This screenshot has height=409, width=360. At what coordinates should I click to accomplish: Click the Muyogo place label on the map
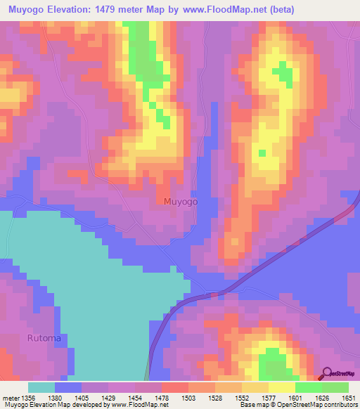tap(180, 202)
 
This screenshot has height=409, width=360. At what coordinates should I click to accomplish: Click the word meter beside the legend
tap(11, 398)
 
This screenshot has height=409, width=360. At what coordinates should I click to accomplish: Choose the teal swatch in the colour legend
tap(41, 387)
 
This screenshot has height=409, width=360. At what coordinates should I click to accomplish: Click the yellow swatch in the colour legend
tap(281, 387)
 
